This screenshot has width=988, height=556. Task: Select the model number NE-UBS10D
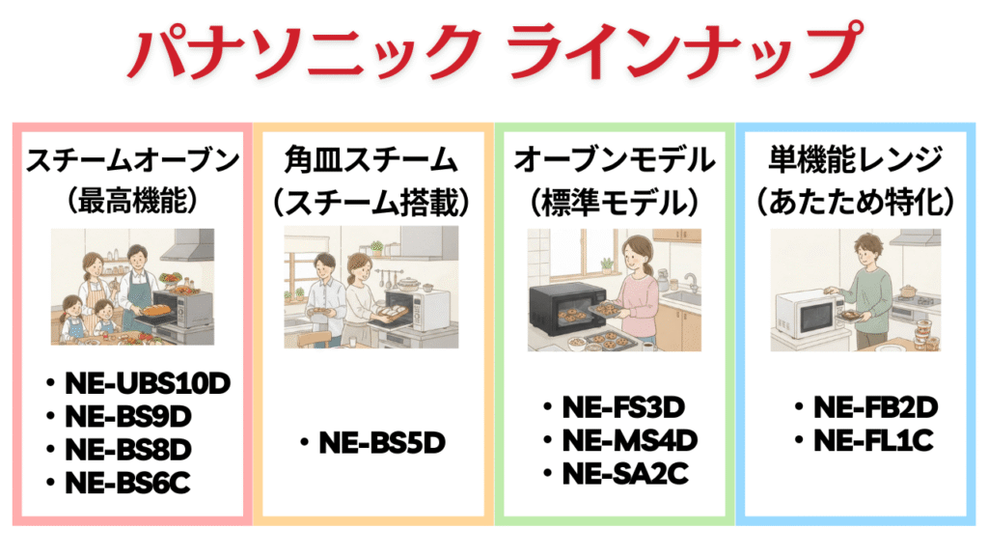coord(148,384)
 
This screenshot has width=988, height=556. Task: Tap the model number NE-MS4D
coord(630,441)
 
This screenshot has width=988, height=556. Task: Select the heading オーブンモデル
coord(616,159)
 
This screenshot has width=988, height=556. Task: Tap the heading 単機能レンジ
coord(858,159)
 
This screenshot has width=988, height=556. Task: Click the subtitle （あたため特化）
coord(858,200)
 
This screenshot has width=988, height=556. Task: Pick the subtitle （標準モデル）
coord(616,200)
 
